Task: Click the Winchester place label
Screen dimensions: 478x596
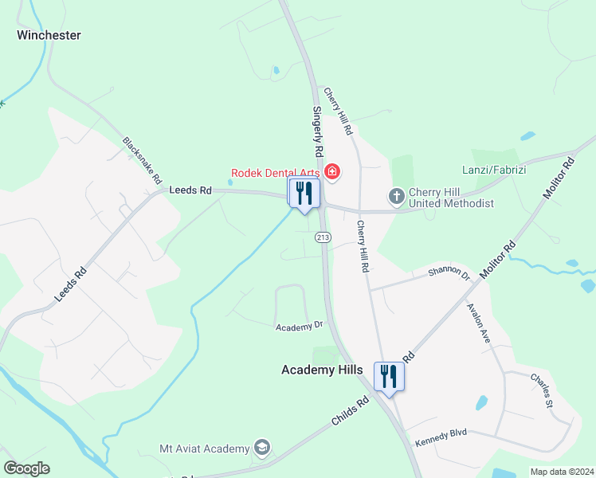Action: click(x=49, y=35)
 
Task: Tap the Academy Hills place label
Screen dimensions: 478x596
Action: click(x=322, y=370)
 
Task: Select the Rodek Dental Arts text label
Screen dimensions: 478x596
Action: click(x=275, y=172)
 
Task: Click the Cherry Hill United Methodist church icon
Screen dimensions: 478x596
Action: click(x=396, y=196)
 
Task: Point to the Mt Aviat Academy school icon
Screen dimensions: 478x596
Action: click(x=261, y=449)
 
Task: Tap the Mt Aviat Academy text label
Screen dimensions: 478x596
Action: click(x=205, y=449)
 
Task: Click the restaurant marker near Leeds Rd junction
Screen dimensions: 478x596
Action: click(x=304, y=194)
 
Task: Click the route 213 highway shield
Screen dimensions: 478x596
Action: click(x=323, y=237)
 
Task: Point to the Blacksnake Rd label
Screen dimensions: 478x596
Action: click(x=142, y=160)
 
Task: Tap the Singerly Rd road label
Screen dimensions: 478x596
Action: click(x=317, y=131)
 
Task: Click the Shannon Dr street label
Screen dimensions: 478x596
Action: click(x=449, y=272)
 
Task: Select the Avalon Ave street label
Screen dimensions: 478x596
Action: click(x=484, y=322)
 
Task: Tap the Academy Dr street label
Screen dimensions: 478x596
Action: click(x=299, y=326)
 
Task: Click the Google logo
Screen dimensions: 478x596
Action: click(x=26, y=468)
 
